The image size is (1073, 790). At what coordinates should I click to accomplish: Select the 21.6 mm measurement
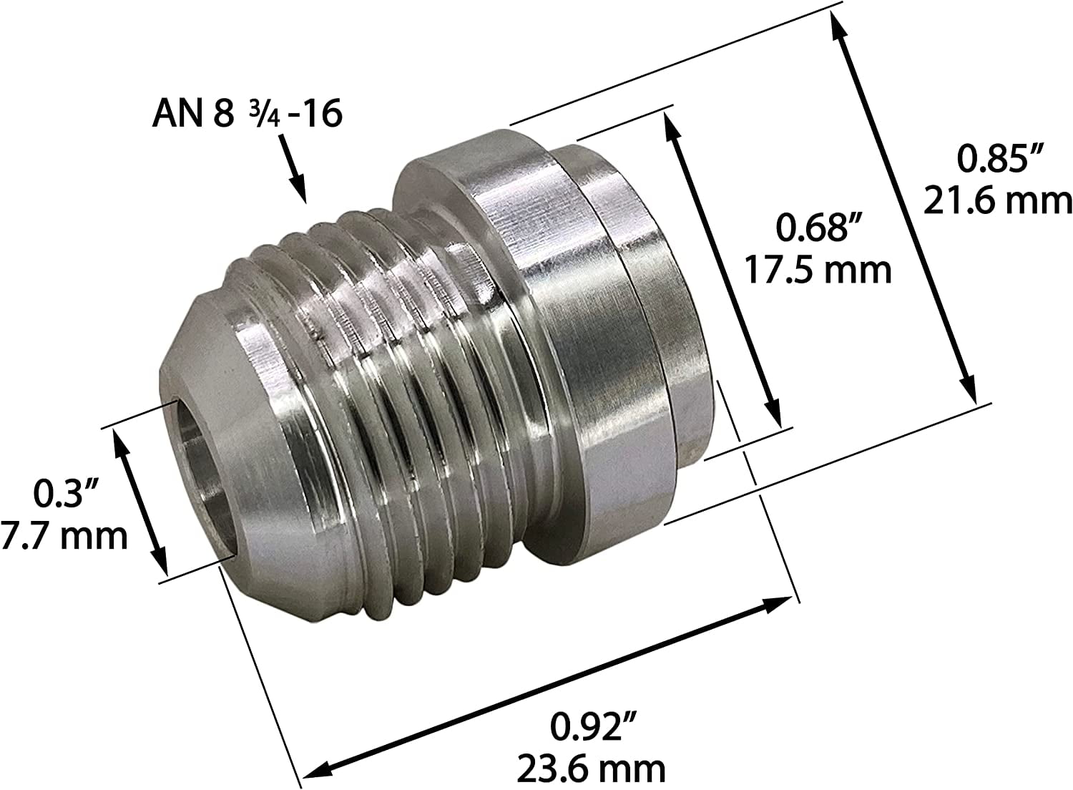[x=997, y=201]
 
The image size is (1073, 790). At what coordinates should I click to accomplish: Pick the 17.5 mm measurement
[x=819, y=270]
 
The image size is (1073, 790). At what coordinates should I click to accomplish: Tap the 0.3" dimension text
[x=67, y=494]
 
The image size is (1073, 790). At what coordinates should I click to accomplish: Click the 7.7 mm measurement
[x=64, y=535]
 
